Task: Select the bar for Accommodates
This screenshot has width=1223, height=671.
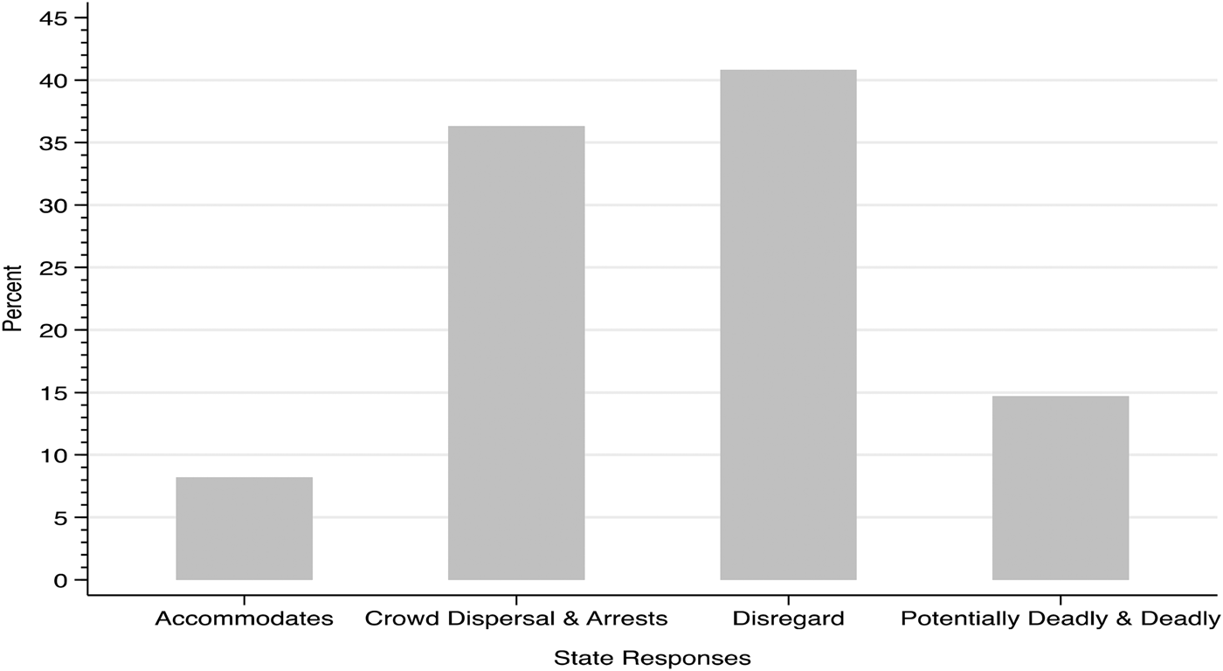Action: [244, 529]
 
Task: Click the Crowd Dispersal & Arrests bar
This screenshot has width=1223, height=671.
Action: [516, 353]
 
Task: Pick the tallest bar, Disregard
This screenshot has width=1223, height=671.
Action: [788, 325]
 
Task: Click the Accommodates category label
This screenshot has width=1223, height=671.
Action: [244, 619]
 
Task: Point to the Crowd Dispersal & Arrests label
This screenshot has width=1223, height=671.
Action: [516, 619]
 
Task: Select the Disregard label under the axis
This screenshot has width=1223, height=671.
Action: [788, 619]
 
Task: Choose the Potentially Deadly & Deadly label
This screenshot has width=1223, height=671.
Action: [1061, 619]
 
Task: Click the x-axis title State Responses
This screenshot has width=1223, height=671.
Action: [652, 658]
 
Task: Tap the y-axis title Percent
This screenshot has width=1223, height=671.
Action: [12, 299]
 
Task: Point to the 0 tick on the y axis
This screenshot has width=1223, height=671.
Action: [59, 580]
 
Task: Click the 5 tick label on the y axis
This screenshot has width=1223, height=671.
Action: [59, 517]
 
